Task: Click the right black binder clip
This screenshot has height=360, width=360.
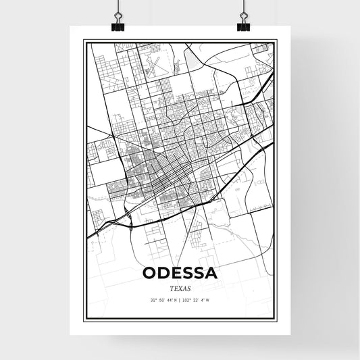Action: (x=242, y=26)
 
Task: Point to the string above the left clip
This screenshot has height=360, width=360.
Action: (x=119, y=8)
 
